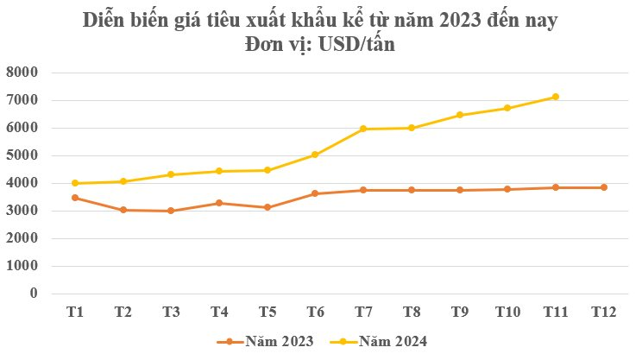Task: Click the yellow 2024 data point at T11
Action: (555, 97)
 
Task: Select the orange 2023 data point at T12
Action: (603, 187)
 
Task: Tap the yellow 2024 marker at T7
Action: (363, 129)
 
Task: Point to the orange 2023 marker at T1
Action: (75, 198)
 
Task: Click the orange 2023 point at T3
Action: (171, 211)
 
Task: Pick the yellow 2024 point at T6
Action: (315, 155)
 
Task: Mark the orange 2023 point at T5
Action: (267, 207)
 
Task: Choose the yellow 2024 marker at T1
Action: (75, 183)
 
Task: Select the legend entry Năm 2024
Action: (393, 341)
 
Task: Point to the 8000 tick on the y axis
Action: (22, 73)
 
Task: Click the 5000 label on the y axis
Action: (22, 155)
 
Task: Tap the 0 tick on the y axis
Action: (35, 294)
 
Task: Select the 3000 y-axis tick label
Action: (22, 211)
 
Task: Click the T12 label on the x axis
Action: (603, 312)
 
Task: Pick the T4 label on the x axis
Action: (219, 312)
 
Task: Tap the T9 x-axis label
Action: (459, 312)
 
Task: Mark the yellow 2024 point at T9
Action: (459, 115)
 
